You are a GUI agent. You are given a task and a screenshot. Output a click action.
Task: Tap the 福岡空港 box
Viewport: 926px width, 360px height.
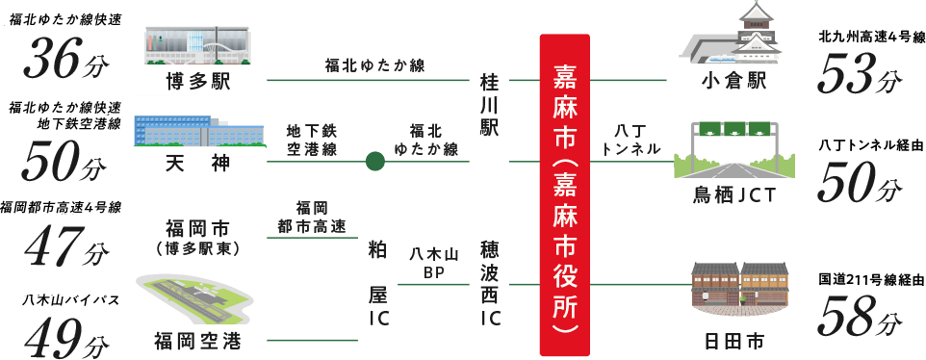[198, 340]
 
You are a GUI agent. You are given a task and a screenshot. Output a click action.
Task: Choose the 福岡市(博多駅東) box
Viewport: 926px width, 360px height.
[198, 237]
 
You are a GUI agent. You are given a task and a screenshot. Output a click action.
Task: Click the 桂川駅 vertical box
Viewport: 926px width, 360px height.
[489, 106]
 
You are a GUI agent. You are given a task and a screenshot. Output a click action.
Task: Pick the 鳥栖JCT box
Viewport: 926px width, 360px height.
[730, 195]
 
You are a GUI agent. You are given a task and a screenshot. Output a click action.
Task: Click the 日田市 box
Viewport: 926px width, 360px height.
[730, 340]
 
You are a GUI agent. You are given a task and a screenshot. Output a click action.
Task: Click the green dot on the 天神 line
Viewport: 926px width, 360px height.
[375, 160]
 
